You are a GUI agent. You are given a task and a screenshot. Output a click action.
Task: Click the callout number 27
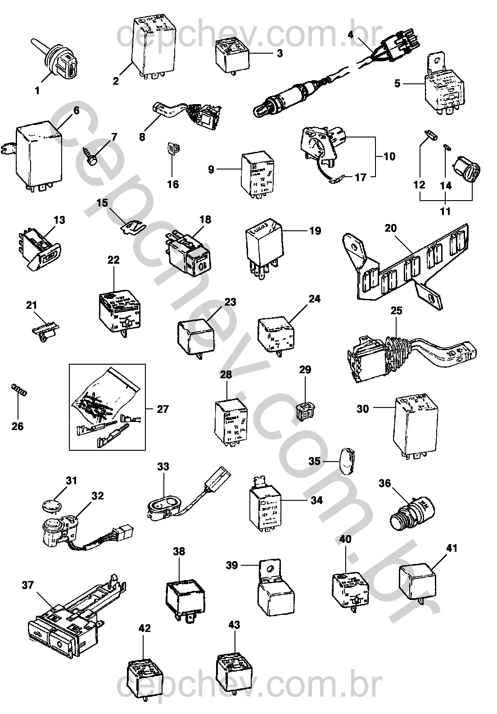pos(163,409)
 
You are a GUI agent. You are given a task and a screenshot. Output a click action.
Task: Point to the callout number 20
pos(390,228)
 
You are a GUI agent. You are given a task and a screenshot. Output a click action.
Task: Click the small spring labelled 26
pos(18,389)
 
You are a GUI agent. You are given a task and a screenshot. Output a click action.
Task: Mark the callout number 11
pos(445,211)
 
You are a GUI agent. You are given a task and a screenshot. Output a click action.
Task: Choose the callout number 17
pos(361,178)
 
